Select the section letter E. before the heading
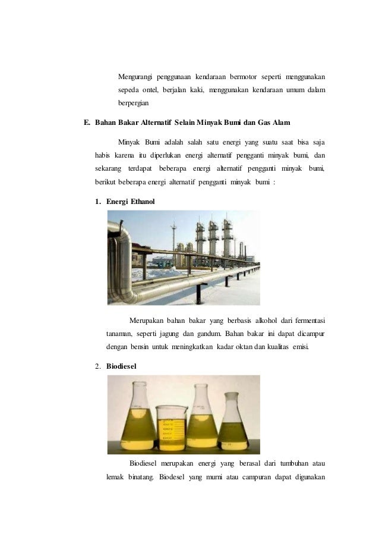[87, 123]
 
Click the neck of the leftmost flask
[138, 394]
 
